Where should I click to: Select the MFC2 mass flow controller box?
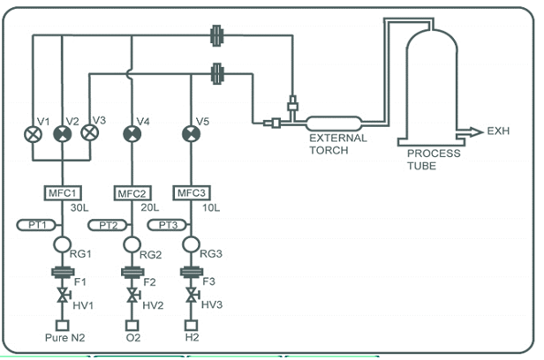131,192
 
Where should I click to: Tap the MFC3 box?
191,192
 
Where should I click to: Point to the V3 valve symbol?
89,134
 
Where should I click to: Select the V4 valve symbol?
131,134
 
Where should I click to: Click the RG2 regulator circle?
131,244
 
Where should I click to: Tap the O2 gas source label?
131,337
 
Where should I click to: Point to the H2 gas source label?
190,337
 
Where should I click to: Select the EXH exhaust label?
499,131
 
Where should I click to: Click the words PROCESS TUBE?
432,158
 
